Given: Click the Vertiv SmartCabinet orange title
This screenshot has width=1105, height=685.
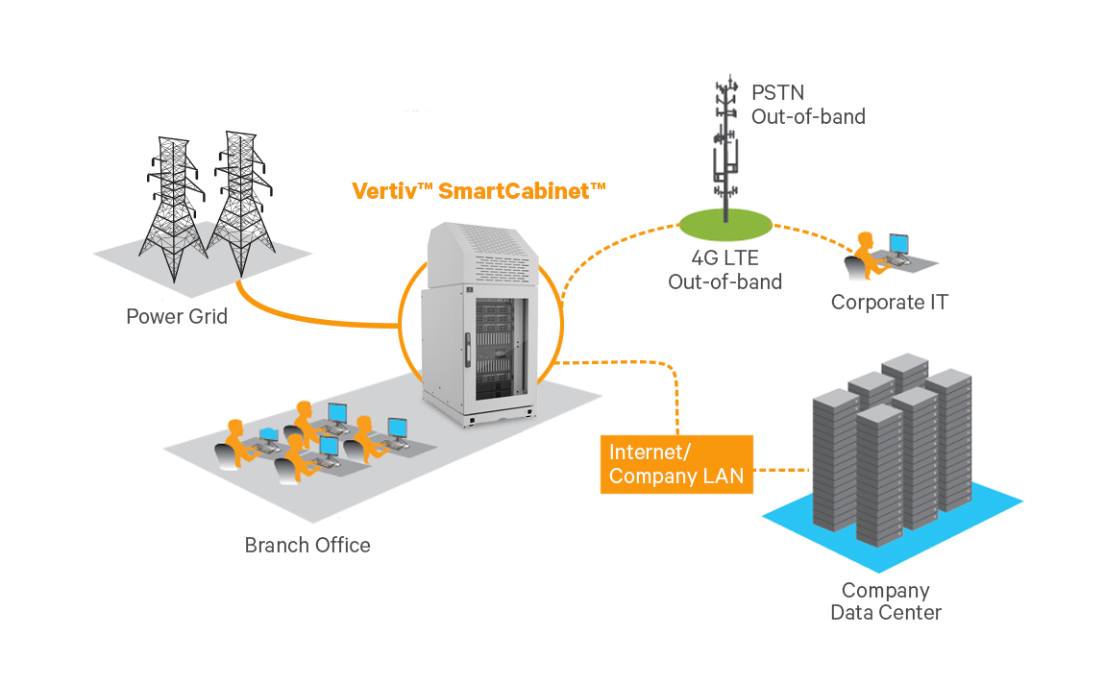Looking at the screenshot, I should click(x=479, y=190).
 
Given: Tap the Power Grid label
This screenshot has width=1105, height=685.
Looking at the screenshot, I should click(x=177, y=316).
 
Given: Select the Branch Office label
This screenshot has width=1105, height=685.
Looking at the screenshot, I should click(x=307, y=546).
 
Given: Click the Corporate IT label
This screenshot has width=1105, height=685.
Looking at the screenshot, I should click(x=889, y=303).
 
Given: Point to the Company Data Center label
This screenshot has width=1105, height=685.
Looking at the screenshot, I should click(x=885, y=601).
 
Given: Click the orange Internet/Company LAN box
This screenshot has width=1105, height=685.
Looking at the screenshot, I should click(x=676, y=465).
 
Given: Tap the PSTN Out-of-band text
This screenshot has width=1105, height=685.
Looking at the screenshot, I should click(x=807, y=106).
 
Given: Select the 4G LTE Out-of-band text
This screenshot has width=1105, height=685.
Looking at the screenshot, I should click(x=724, y=270).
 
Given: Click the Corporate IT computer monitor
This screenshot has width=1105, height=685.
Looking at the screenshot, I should click(x=898, y=244).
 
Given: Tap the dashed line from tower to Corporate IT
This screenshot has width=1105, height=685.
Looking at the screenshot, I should click(x=812, y=237).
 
